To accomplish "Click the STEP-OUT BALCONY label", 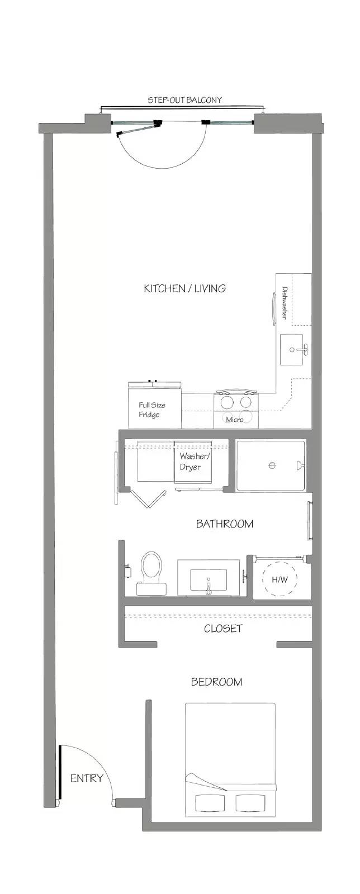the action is [184, 100].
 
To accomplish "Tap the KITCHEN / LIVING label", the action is [185, 288].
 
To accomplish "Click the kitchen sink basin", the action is [294, 350].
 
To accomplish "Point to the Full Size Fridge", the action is [155, 406].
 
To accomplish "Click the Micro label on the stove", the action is [235, 420].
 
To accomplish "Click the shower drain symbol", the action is [272, 465].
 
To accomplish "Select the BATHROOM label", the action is [224, 524].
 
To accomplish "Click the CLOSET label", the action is [222, 629].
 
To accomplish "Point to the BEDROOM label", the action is [216, 682].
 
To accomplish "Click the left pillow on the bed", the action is [209, 802].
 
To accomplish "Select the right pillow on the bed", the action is [250, 802].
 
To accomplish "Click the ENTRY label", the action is [87, 778].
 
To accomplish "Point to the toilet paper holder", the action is [128, 572].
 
